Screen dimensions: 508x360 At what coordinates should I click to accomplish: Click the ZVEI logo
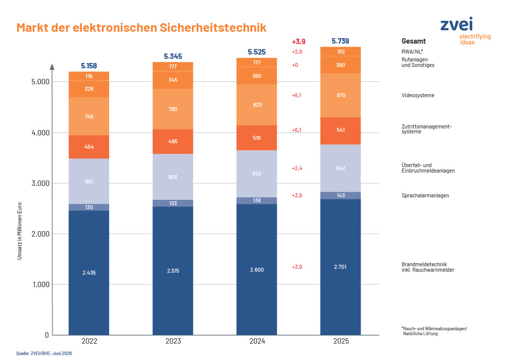465,31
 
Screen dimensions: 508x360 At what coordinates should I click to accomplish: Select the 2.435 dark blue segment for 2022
89,273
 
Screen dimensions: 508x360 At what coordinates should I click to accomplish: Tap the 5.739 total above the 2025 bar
340,41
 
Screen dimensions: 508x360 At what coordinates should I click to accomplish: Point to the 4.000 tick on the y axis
41,132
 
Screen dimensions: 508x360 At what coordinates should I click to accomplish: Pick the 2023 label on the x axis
173,341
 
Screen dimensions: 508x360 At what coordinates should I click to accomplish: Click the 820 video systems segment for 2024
256,105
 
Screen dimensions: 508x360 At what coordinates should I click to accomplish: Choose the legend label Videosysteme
418,95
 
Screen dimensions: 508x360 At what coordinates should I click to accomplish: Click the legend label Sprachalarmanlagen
425,195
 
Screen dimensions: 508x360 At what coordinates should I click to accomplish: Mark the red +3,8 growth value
297,195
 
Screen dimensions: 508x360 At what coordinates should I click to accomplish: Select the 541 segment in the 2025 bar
340,130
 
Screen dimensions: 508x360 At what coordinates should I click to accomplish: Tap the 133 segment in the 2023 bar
173,203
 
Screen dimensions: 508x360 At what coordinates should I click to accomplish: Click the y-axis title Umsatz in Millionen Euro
19,231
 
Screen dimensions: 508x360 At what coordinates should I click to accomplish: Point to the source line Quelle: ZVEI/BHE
44,353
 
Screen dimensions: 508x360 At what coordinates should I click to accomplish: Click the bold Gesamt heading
413,41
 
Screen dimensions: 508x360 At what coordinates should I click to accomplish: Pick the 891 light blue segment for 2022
89,181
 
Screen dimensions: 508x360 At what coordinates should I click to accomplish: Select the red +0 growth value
295,65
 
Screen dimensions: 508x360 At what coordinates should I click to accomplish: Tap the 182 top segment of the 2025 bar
340,52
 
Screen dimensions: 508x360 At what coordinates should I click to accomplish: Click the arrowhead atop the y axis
52,66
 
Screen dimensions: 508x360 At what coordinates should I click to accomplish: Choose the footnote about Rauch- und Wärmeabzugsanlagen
434,331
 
